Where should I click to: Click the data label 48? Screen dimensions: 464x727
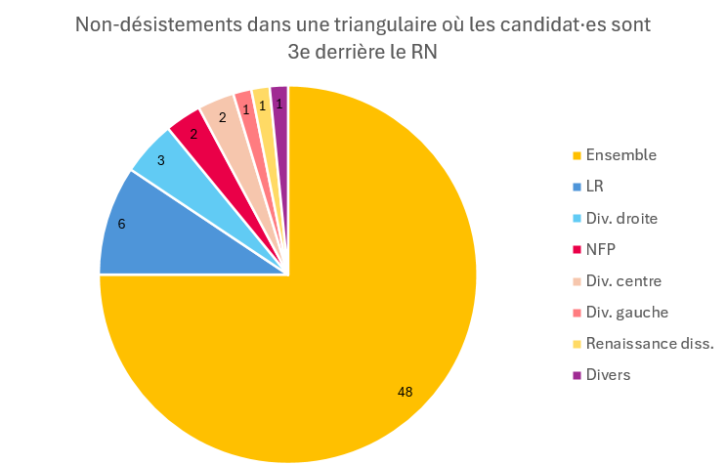click(405, 392)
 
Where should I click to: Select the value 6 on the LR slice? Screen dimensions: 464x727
click(121, 224)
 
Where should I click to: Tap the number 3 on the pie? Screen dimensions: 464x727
click(160, 160)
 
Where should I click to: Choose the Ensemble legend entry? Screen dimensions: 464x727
click(620, 155)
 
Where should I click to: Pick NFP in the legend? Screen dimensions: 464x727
click(602, 249)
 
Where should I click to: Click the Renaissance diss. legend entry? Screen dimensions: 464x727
click(649, 343)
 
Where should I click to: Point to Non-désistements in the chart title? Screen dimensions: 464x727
click(147, 23)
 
